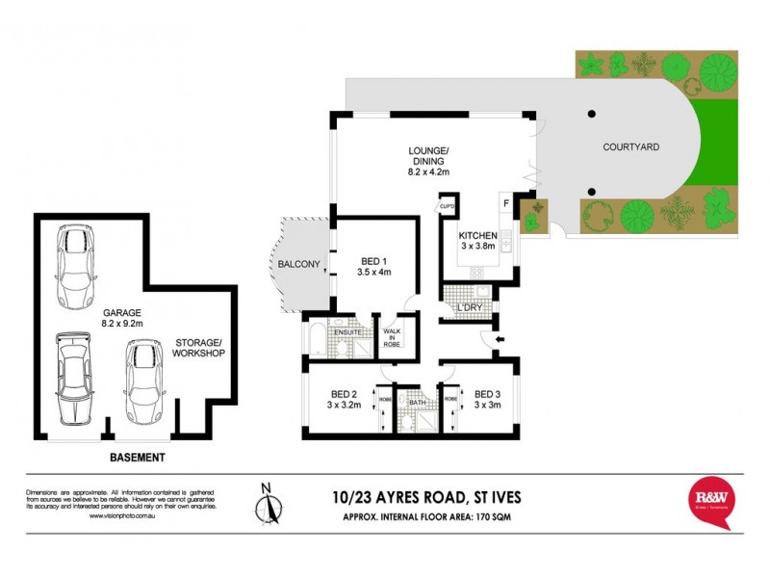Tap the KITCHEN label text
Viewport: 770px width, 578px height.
coord(477,236)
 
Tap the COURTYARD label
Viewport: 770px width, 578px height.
coord(630,147)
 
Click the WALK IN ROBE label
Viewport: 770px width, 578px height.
coord(392,336)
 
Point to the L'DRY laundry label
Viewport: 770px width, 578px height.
coord(470,307)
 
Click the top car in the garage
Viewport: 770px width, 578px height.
coord(75,264)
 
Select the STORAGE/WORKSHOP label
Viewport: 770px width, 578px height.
coord(199,348)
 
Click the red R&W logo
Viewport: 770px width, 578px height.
coord(713,500)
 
